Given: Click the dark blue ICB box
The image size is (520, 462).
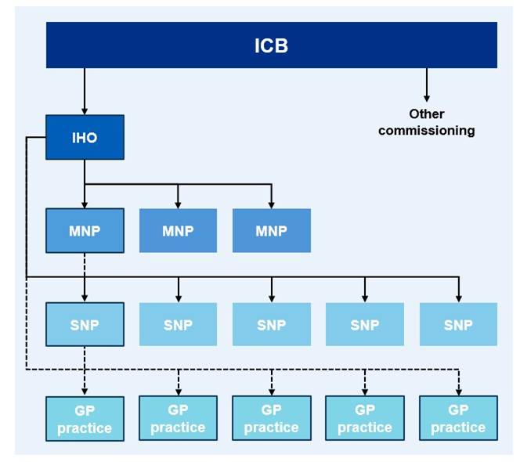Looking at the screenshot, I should [x=271, y=45].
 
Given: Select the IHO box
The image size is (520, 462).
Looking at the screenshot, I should [x=85, y=138].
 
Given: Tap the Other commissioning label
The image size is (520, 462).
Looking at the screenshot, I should [x=426, y=123].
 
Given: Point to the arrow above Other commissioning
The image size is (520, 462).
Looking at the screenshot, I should [x=426, y=85].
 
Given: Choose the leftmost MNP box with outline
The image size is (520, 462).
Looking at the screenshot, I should [x=85, y=231].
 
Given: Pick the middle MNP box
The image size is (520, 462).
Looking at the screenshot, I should [x=178, y=231].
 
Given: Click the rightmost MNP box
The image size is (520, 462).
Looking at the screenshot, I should [x=271, y=231].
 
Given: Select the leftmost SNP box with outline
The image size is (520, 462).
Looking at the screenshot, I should [x=85, y=324].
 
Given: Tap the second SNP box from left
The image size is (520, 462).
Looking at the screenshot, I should [x=178, y=324].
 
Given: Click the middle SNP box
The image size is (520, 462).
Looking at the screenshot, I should [x=271, y=324].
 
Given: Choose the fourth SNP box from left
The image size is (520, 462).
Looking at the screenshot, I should [x=364, y=324].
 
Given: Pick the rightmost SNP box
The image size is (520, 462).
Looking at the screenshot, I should [x=458, y=324].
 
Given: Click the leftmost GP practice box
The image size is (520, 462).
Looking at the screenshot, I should [x=85, y=419].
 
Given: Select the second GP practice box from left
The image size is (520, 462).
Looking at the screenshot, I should [x=178, y=419].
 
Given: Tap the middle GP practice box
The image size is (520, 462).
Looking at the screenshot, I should [x=271, y=419].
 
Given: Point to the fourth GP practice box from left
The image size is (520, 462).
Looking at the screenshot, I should [x=364, y=419].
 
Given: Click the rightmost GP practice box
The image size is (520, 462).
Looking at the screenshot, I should [x=458, y=419].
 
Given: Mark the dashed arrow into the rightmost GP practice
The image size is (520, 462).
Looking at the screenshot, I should [x=458, y=384].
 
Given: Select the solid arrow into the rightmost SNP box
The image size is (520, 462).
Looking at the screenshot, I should [x=458, y=290].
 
